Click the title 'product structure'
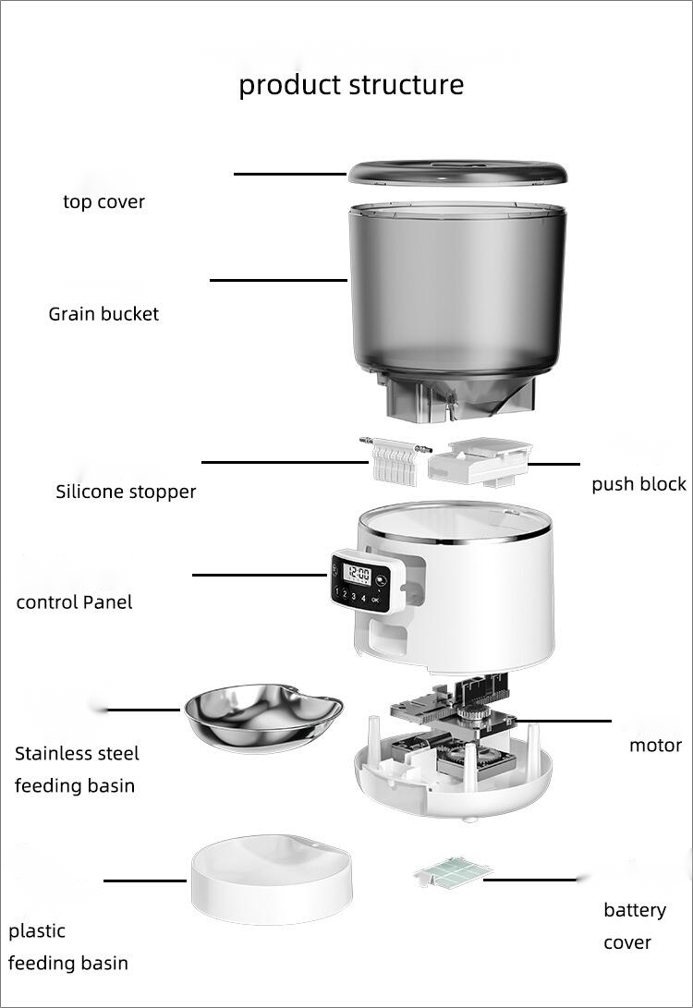pyautogui.click(x=351, y=85)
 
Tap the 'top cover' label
pyautogui.click(x=103, y=201)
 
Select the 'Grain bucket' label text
pyautogui.click(x=103, y=314)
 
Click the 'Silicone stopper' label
pyautogui.click(x=126, y=492)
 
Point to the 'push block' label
pyautogui.click(x=638, y=484)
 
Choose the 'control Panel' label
pyautogui.click(x=74, y=602)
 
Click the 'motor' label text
pyautogui.click(x=655, y=745)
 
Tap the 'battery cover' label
pyautogui.click(x=634, y=926)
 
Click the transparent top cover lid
pyautogui.click(x=456, y=172)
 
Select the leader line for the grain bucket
pyautogui.click(x=277, y=280)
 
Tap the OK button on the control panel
pyautogui.click(x=374, y=599)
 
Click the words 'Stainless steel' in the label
pyautogui.click(x=77, y=754)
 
